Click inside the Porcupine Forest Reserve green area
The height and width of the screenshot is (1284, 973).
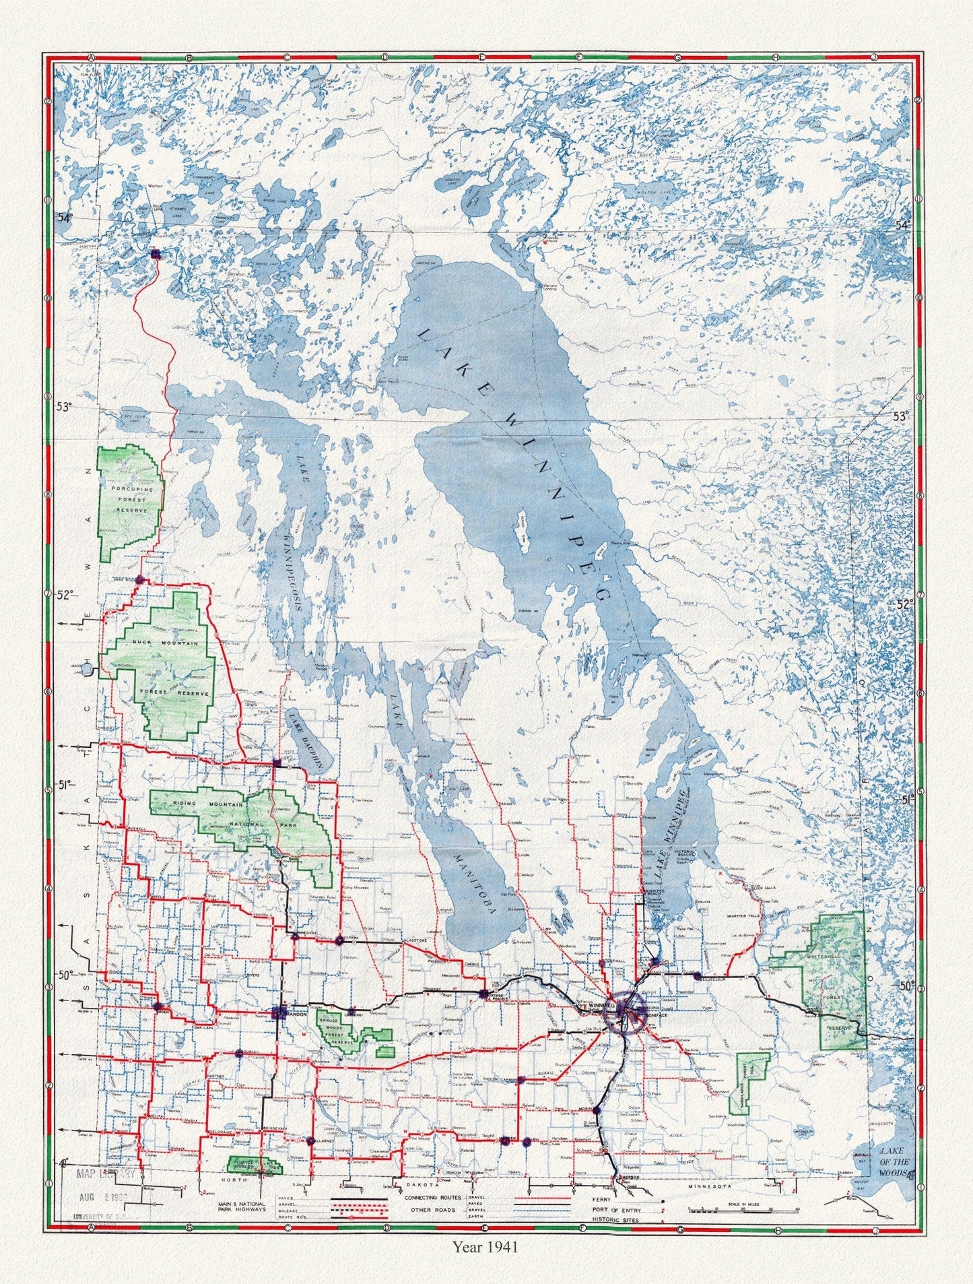pyautogui.click(x=130, y=500)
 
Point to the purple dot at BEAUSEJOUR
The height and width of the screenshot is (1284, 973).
pyautogui.click(x=698, y=975)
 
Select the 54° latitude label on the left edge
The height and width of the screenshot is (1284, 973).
pyautogui.click(x=64, y=218)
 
